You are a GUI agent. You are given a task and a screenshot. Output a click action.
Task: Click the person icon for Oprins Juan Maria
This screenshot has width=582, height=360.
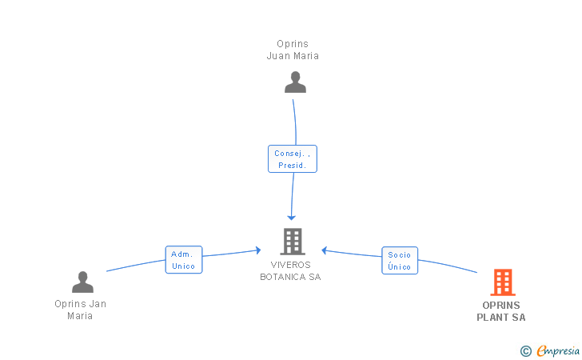(295, 82)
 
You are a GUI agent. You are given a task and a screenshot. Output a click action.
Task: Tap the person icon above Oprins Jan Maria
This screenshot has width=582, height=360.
(82, 282)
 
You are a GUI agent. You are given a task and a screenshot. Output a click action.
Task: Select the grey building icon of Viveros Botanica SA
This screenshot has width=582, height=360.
(292, 242)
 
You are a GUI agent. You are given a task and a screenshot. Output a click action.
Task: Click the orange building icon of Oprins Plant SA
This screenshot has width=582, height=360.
(502, 282)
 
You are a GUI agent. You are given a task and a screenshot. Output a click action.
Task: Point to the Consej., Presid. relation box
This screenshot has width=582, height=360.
(293, 158)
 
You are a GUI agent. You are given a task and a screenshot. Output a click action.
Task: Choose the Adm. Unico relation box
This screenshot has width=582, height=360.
(184, 260)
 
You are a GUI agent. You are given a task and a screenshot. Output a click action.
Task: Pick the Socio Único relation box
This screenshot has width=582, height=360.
(399, 260)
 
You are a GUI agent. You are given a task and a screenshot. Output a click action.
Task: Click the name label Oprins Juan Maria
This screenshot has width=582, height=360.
(293, 50)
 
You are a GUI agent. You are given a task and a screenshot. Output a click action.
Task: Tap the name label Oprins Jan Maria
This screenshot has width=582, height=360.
(80, 310)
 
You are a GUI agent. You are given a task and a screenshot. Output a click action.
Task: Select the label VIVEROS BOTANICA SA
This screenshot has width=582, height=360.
(290, 270)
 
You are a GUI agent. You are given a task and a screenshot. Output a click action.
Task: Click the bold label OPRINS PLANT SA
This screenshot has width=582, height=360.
(501, 311)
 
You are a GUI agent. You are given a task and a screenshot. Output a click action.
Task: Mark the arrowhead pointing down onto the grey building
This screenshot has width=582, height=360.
(292, 218)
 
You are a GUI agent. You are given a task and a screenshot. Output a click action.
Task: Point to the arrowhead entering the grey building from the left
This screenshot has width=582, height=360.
(257, 250)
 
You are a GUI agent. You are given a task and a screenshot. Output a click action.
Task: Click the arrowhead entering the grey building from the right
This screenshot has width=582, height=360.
(325, 250)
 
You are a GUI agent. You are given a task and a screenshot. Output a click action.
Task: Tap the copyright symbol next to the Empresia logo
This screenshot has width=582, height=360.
(525, 350)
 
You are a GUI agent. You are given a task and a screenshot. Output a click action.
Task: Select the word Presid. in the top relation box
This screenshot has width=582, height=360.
(293, 165)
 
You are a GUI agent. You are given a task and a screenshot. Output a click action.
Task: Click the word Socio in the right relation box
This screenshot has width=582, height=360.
(399, 254)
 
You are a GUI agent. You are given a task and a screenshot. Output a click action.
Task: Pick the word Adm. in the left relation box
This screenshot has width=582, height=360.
(181, 254)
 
